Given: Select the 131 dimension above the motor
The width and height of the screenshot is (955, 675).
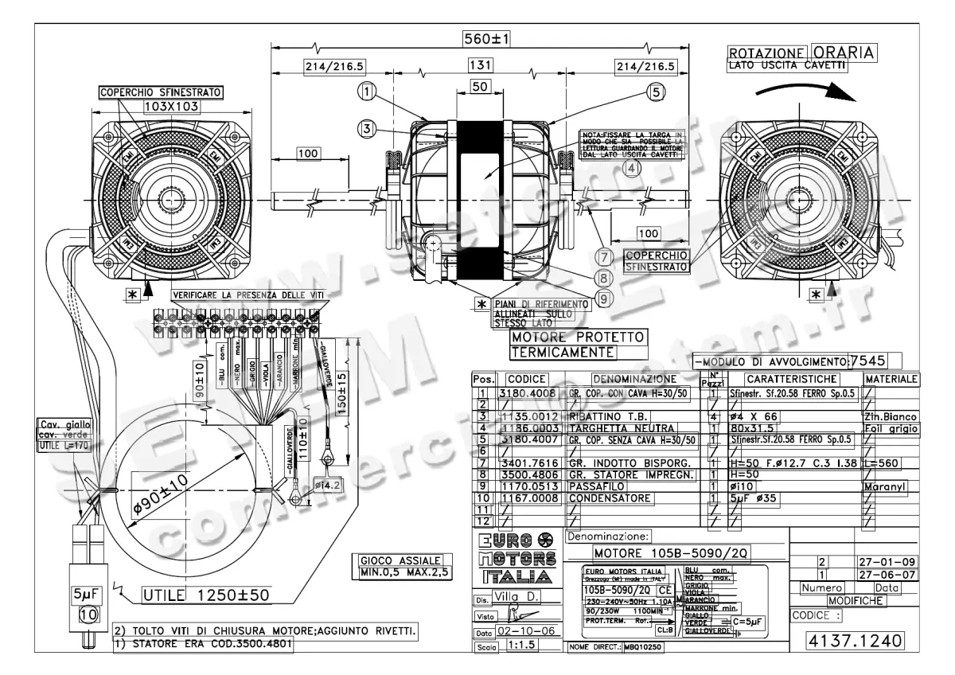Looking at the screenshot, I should (480, 66).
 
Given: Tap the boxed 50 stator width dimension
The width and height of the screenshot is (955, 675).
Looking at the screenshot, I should (479, 88).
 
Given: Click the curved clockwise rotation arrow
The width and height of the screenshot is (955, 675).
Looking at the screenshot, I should (796, 88).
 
